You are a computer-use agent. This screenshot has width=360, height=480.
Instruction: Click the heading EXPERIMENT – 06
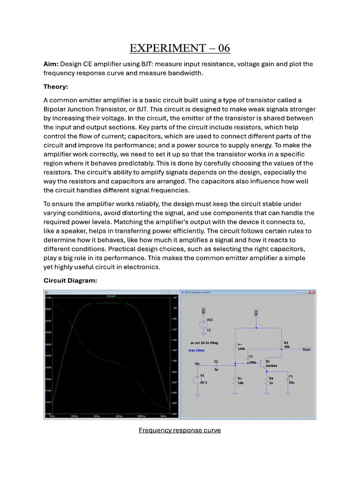coord(180,48)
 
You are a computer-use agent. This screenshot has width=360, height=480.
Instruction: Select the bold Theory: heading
coord(56,87)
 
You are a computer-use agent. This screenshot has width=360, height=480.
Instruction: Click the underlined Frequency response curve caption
coord(180,430)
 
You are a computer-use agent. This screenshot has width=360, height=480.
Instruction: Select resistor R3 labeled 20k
coord(281,345)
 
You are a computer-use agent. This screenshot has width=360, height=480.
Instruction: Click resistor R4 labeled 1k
coord(267,380)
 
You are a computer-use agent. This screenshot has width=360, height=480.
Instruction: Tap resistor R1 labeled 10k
coord(234,380)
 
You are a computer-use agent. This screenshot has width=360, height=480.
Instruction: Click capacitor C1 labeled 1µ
coord(216,364)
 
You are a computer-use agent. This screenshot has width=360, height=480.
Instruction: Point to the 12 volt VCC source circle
coord(203,324)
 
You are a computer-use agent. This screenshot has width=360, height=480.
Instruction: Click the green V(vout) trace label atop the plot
coord(111,296)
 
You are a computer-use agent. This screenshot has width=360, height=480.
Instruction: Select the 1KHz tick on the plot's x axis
coord(96,416)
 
